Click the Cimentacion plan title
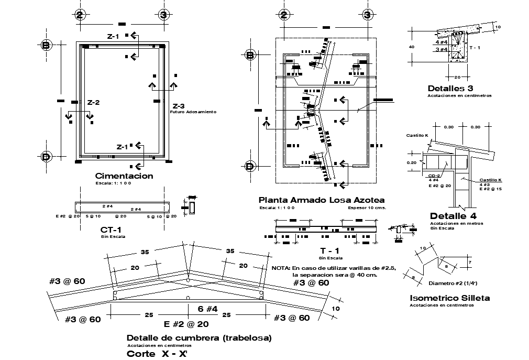(124, 176)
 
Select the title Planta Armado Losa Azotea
(322, 200)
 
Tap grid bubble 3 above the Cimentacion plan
(163, 15)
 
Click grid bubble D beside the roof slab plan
(250, 167)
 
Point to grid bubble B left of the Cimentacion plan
(46, 46)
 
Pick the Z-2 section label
(93, 102)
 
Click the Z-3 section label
(179, 105)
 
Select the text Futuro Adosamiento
(193, 112)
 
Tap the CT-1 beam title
(111, 230)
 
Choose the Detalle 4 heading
(453, 216)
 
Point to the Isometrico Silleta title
(449, 298)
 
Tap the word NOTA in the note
(281, 268)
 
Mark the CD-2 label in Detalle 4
(434, 176)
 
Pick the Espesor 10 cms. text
(367, 208)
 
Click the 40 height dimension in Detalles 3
(412, 47)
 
